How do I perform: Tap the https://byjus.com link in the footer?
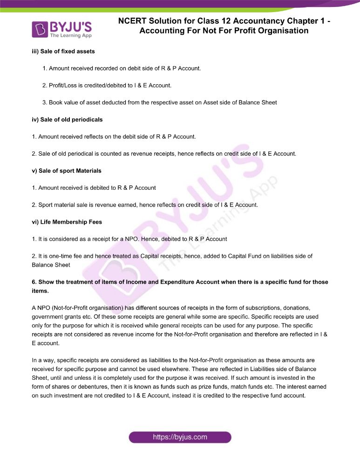click(180, 437)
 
